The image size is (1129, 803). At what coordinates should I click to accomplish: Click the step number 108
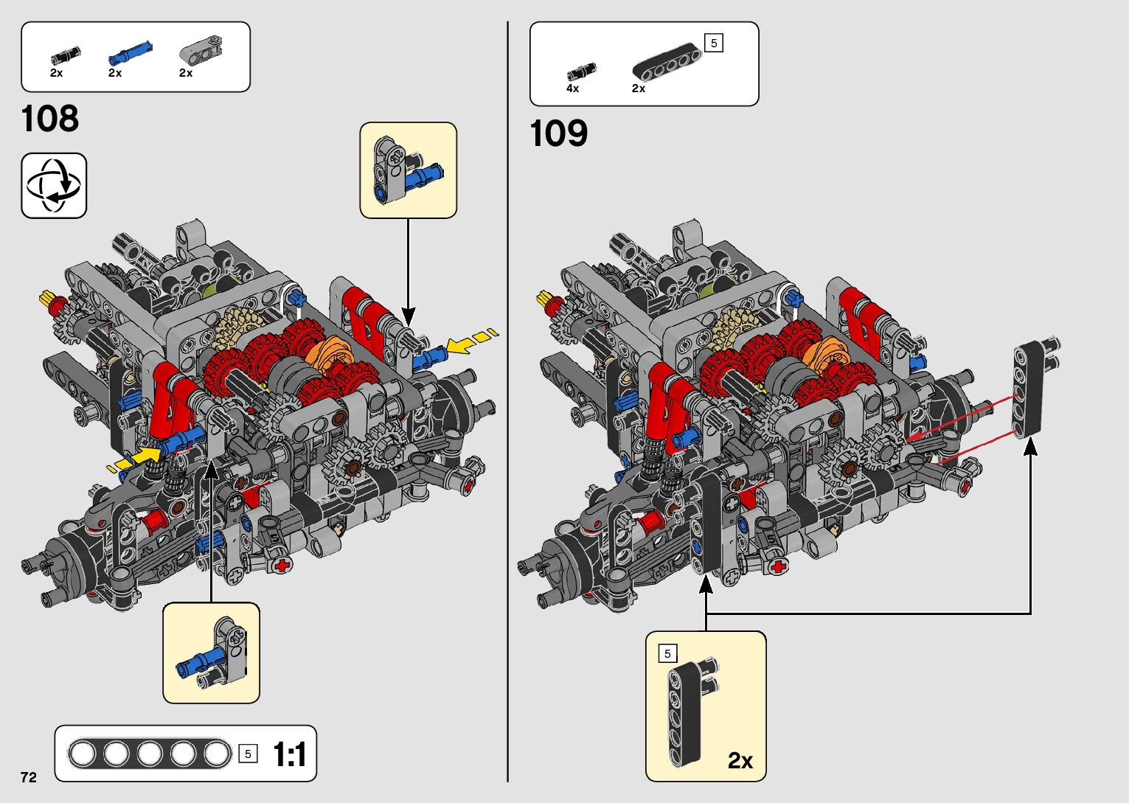click(50, 119)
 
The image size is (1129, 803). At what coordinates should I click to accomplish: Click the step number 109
click(559, 133)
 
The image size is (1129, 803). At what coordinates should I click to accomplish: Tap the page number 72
click(29, 777)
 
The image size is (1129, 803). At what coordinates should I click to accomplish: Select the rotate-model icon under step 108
click(54, 185)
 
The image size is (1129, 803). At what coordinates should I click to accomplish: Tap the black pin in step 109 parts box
click(581, 72)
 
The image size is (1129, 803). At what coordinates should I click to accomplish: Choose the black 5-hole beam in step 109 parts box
click(667, 61)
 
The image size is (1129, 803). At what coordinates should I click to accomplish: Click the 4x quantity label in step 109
click(572, 88)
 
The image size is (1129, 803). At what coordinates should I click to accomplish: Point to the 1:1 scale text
click(290, 754)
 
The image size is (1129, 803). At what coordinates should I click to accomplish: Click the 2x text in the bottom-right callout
click(740, 760)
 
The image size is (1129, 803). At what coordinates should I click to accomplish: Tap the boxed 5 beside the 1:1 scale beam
click(249, 754)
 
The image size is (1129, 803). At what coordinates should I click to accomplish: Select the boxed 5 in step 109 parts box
click(713, 44)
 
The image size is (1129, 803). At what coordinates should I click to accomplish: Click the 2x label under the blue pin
click(115, 73)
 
